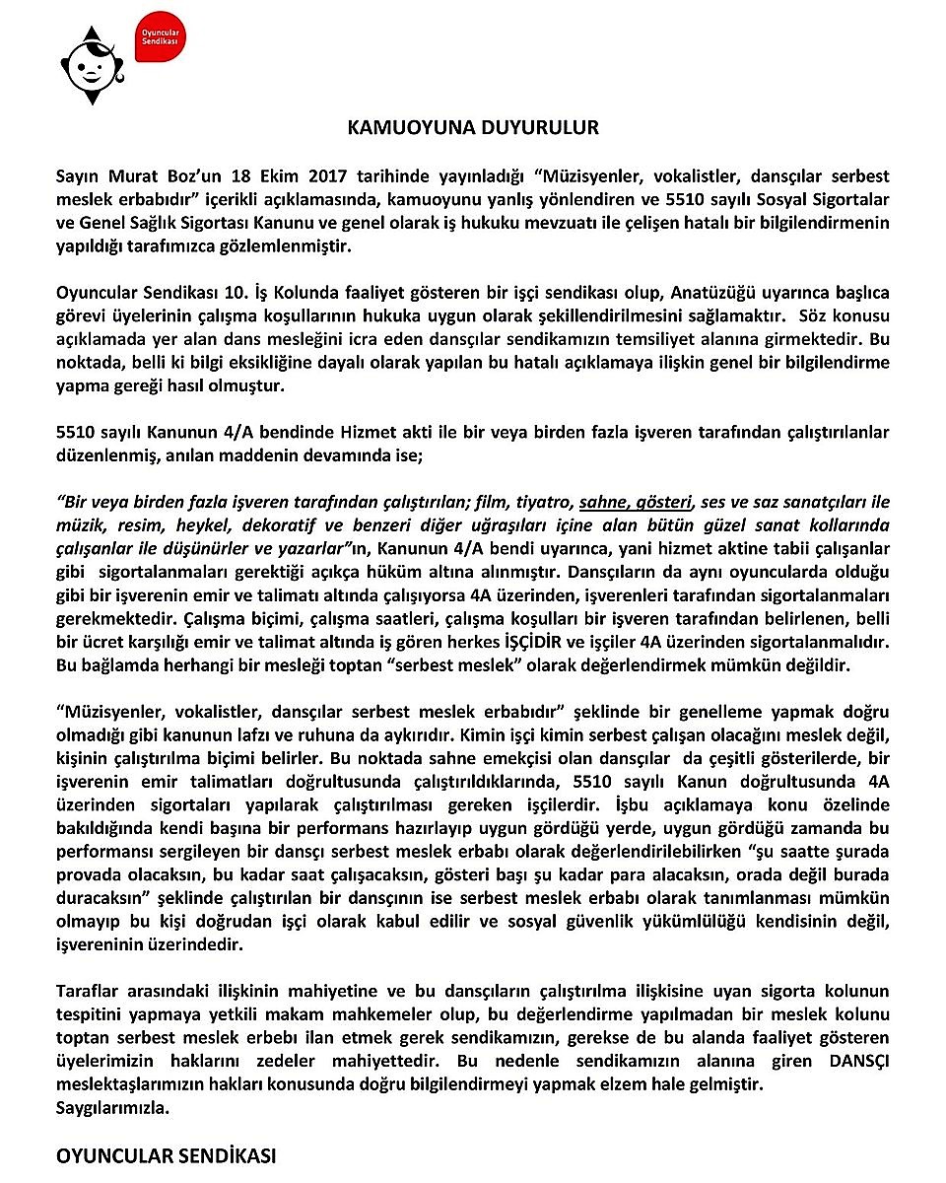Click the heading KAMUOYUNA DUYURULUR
click(x=473, y=128)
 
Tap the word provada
click(x=90, y=875)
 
